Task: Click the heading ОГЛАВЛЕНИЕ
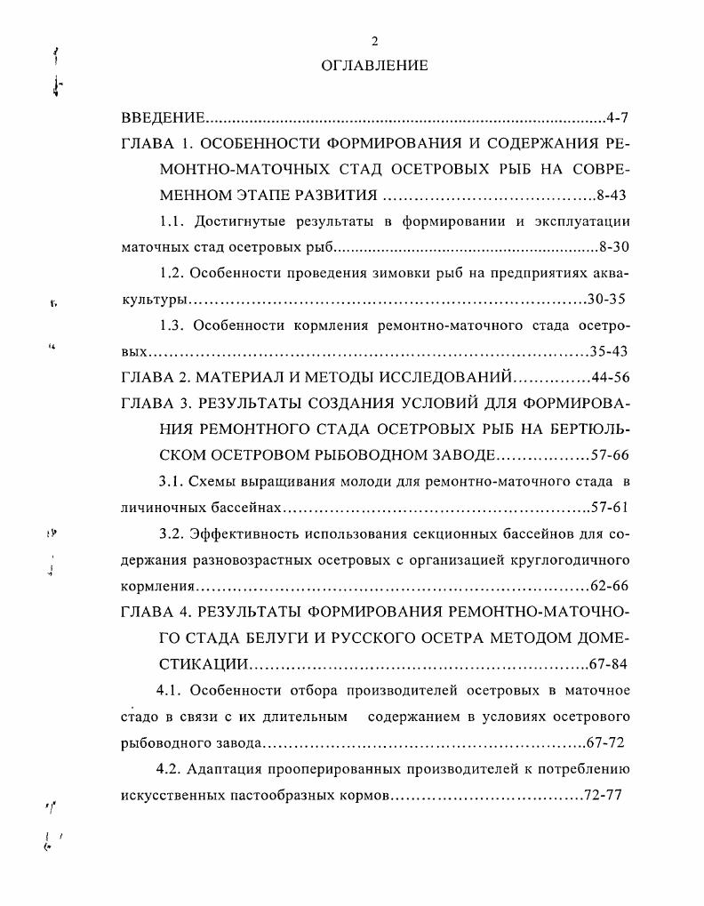click(374, 66)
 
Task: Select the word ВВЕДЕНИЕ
click(164, 118)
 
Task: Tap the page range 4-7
click(618, 118)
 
